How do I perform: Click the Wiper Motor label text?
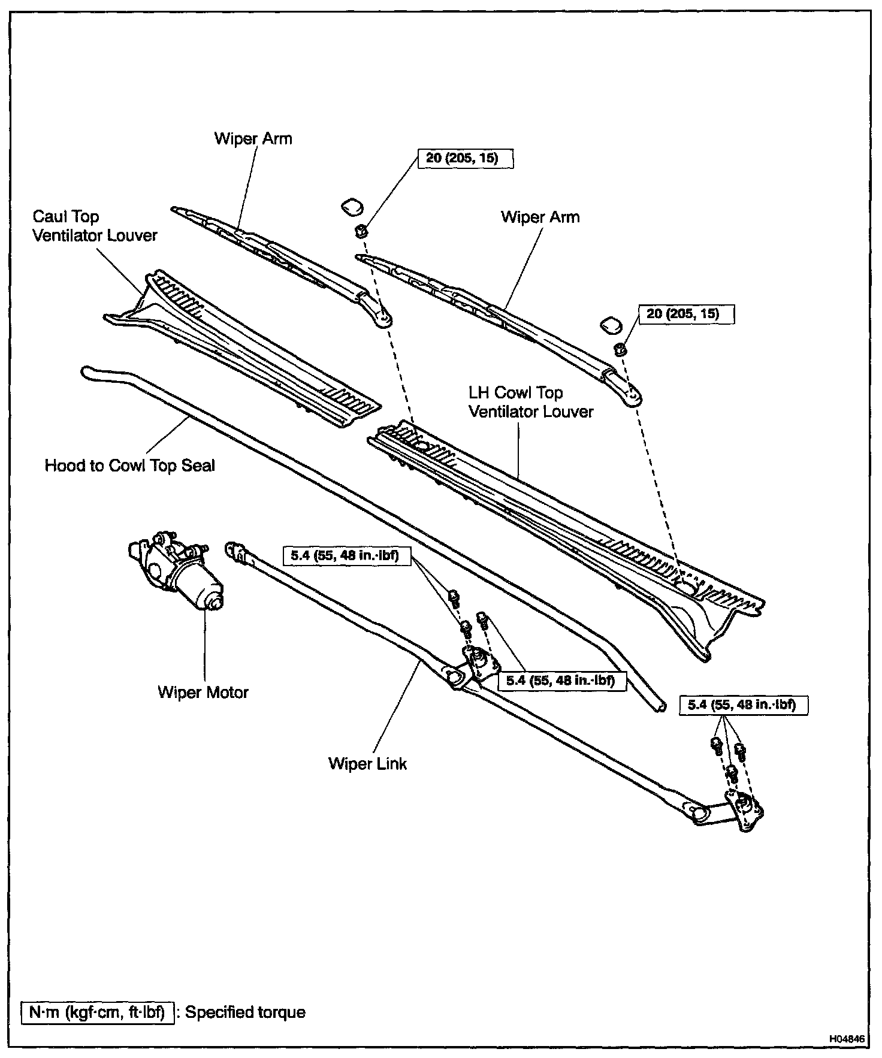point(203,693)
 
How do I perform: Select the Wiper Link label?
point(367,764)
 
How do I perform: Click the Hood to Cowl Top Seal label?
point(129,465)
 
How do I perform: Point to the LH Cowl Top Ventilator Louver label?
point(531,403)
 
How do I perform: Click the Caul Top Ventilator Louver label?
point(95,226)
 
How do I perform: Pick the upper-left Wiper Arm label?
point(253,138)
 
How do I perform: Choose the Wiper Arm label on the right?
point(540,217)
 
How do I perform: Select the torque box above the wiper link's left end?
point(346,555)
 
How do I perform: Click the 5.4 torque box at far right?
point(744,705)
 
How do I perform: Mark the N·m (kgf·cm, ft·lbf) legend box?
point(98,1012)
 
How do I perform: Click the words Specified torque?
point(246,1012)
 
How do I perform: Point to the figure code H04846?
point(847,1039)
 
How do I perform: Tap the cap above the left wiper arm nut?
point(352,207)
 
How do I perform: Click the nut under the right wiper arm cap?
point(620,347)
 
